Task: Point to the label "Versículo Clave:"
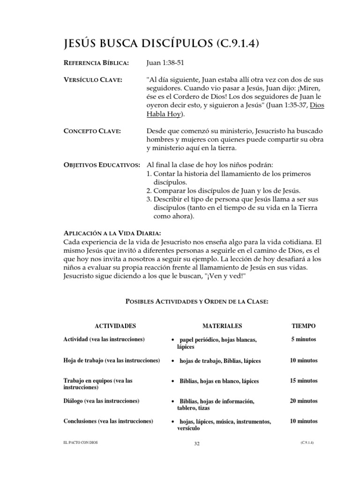coord(92,80)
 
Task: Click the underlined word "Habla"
coord(158,114)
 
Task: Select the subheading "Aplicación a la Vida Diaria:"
coord(112,233)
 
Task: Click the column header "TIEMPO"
coord(303,326)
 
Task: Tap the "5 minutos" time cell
coord(303,339)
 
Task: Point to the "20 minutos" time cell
coord(303,401)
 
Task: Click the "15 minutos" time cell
coord(303,381)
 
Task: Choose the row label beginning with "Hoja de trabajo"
coord(112,360)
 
